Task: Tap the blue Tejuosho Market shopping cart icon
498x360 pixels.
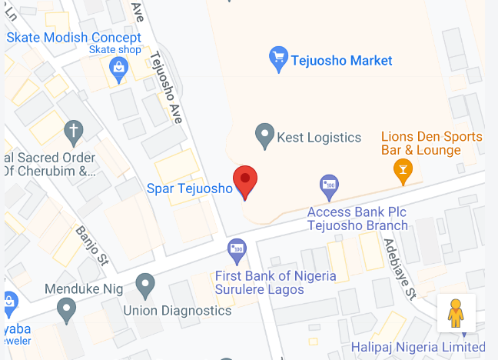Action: (x=278, y=57)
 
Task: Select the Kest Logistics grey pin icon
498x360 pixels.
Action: (x=264, y=136)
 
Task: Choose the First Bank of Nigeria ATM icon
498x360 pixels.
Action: (x=237, y=250)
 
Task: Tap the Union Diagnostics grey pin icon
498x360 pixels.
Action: (x=145, y=285)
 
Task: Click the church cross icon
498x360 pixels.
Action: (x=74, y=132)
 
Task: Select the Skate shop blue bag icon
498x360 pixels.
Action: (x=118, y=68)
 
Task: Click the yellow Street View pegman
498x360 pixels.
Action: (x=456, y=312)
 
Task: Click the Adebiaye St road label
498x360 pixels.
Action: (x=400, y=266)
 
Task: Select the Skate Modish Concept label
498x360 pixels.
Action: (x=74, y=37)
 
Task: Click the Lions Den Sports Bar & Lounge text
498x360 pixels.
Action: (x=432, y=143)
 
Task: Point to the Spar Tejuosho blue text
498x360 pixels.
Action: (x=189, y=188)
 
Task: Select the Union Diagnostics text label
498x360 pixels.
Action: (x=178, y=311)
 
